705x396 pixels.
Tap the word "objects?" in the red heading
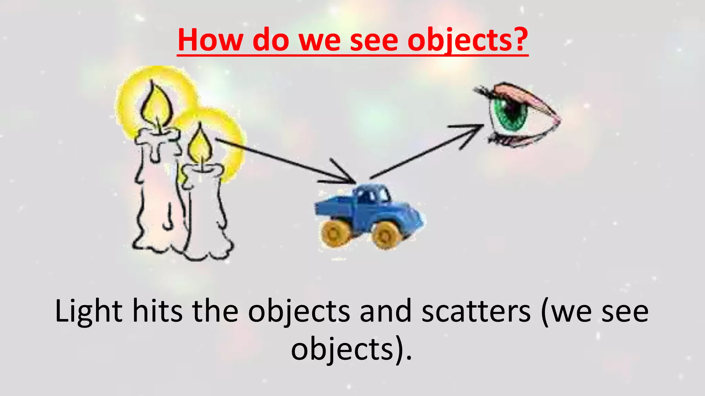[467, 41]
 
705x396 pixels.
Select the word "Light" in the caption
[88, 311]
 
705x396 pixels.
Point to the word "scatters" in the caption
[476, 311]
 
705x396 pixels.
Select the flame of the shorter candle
[200, 146]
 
